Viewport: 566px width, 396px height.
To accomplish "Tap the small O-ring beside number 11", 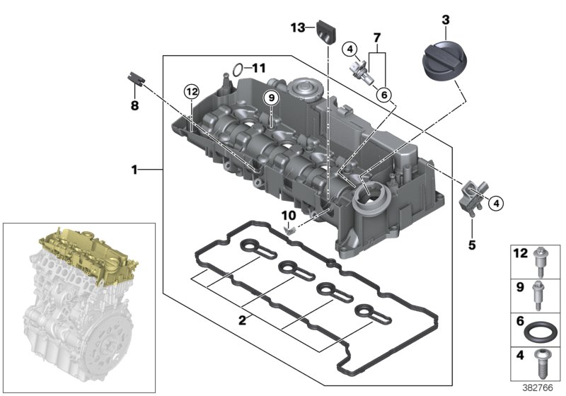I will coord(238,69).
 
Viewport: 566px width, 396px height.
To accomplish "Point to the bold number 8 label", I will coord(135,105).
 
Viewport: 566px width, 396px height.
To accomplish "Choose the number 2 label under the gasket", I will coord(242,320).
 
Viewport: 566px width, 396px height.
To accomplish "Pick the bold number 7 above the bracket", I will coord(376,36).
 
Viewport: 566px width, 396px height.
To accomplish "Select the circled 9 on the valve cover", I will coord(270,98).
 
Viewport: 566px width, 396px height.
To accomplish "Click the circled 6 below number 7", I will coord(383,94).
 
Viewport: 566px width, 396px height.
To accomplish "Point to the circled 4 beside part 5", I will coord(496,203).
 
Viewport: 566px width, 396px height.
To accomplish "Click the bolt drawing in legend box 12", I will coord(540,261).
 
